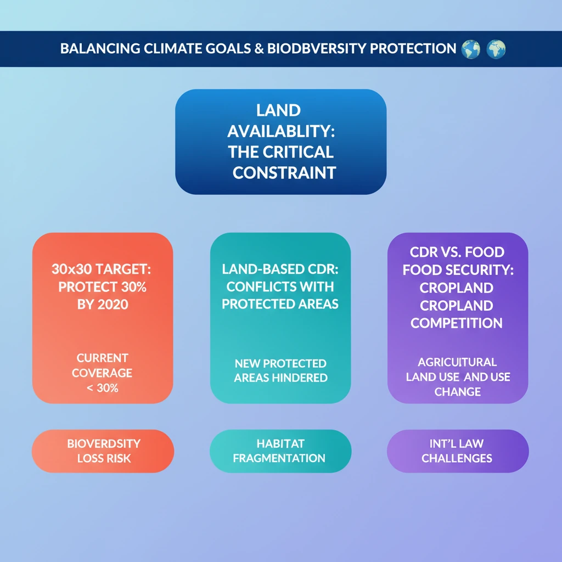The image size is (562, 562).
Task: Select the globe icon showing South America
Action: tap(470, 49)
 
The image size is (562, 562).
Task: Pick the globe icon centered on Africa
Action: tap(496, 49)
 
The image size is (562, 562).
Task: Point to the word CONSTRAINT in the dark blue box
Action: tap(284, 173)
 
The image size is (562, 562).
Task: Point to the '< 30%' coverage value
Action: tap(103, 388)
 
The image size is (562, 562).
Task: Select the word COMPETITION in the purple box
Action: tap(457, 323)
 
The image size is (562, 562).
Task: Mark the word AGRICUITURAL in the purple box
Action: tap(457, 362)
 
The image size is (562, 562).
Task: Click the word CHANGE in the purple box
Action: tap(458, 392)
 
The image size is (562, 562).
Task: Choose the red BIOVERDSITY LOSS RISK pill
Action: tap(103, 451)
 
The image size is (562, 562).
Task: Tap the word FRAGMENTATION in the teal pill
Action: tap(279, 458)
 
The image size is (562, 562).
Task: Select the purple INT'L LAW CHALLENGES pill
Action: tap(458, 451)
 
